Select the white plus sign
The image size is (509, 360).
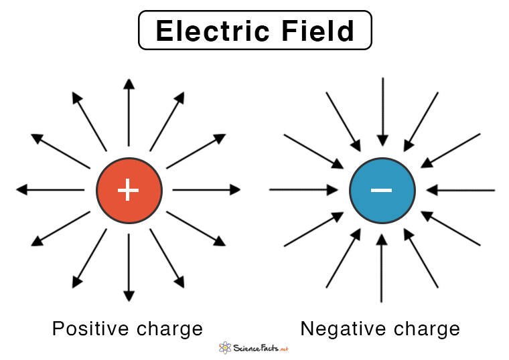coord(129,190)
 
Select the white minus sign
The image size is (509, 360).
coord(382,190)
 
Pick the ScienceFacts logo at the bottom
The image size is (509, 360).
coord(254,347)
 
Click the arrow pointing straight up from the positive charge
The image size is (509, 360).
coord(129,114)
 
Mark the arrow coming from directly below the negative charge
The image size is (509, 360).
coord(382,268)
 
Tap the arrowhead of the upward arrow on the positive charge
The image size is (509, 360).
coord(129,83)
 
